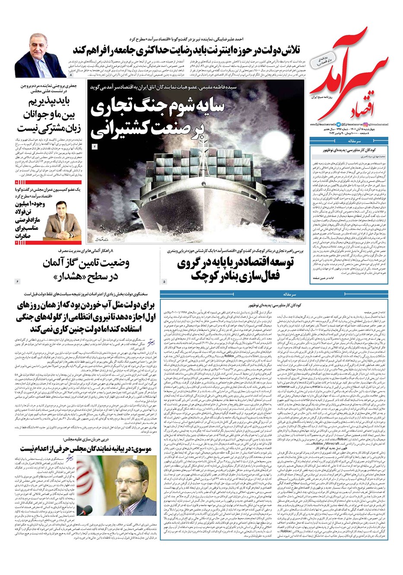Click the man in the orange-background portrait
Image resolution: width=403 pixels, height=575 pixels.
57,222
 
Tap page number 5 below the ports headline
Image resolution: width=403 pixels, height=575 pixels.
164,282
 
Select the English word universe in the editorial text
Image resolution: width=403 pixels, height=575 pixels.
283,387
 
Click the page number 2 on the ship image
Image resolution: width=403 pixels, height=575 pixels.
95,147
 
